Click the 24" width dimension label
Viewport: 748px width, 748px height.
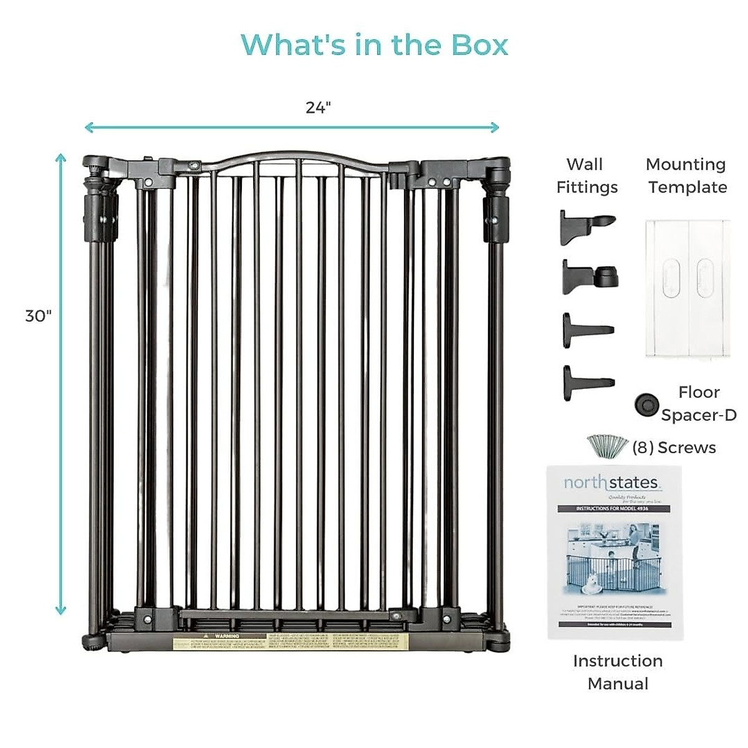click(318, 108)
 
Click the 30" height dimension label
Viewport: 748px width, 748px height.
click(38, 316)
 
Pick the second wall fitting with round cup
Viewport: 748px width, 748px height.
click(589, 276)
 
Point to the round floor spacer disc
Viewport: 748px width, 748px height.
click(646, 404)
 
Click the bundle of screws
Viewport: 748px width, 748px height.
click(608, 446)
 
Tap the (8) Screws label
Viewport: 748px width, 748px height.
click(674, 448)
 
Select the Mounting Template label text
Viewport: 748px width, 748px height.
click(687, 176)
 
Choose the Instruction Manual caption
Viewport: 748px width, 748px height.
click(618, 672)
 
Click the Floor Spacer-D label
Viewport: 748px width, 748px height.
click(699, 403)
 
